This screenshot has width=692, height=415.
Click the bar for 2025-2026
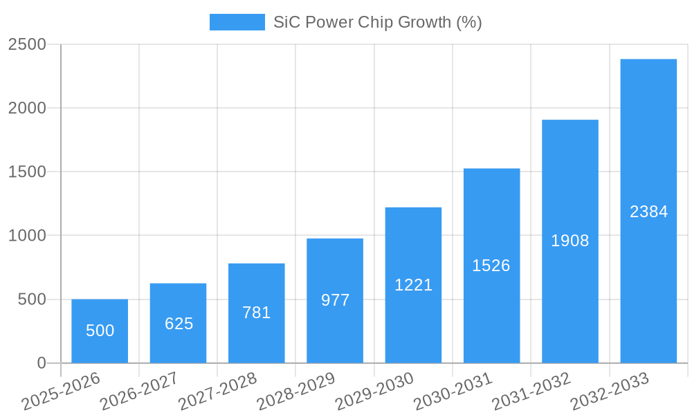pos(100,331)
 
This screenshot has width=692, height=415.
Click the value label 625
pos(179,324)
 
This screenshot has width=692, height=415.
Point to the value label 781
pos(257,313)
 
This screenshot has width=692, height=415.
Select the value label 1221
pos(413,285)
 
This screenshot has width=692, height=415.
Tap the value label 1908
pos(570,241)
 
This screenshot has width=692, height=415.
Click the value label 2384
pos(648,212)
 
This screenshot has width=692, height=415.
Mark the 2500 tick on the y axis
pos(27,45)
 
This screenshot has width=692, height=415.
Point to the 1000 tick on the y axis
pos(27,236)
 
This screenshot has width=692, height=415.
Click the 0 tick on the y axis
pos(41,363)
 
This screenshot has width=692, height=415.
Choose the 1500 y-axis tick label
pos(27,172)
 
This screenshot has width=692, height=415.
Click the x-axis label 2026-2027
pos(139,391)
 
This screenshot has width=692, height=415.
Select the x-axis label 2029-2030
pos(374,391)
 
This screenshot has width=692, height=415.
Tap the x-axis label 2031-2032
pos(531,391)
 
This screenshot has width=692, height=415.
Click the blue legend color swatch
pos(237,22)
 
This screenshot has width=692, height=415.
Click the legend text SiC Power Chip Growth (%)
pos(377,22)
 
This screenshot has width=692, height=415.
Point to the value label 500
pos(100,331)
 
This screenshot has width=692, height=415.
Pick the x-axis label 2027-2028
pos(217,391)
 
